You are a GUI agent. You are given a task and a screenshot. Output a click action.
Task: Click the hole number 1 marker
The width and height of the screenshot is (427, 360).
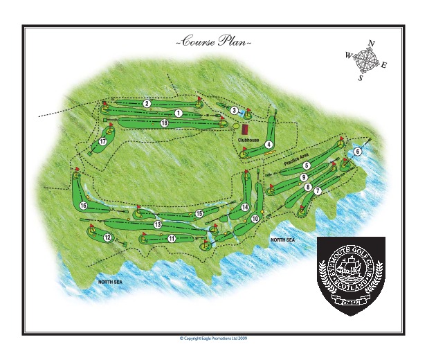coord(178,112)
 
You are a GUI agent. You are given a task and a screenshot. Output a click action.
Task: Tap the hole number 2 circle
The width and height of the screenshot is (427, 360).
coord(147,103)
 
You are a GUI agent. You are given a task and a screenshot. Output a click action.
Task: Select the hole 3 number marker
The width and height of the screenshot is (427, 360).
coord(235,110)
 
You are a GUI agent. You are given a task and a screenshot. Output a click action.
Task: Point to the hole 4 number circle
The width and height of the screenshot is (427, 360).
coord(268,144)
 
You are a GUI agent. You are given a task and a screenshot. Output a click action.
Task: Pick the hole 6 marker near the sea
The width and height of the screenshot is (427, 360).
coord(357,151)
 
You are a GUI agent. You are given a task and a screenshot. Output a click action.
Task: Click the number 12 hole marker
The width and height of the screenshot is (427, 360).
coord(108,237)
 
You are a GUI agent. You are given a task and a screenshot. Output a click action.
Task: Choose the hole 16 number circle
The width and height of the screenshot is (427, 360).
coord(82,206)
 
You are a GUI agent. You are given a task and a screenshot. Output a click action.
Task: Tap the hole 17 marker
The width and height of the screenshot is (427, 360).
coord(102,141)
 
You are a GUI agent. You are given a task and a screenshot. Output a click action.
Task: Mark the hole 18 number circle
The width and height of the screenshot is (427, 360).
coord(164,123)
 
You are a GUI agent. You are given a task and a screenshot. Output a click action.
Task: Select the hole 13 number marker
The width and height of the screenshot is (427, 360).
coord(158,224)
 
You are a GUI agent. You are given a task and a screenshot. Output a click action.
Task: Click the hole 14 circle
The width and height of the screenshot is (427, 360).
coord(244,207)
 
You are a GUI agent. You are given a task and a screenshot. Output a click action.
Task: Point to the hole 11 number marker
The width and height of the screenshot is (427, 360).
coord(171,239)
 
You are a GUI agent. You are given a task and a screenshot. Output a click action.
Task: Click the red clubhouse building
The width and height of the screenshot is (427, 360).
coord(244,129)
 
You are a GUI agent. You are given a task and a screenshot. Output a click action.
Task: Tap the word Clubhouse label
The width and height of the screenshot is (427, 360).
coord(248,139)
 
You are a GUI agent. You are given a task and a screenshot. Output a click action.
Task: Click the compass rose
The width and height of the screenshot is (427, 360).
coord(365,62)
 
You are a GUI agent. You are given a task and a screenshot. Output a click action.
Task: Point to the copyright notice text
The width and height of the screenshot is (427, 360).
coord(213,338)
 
